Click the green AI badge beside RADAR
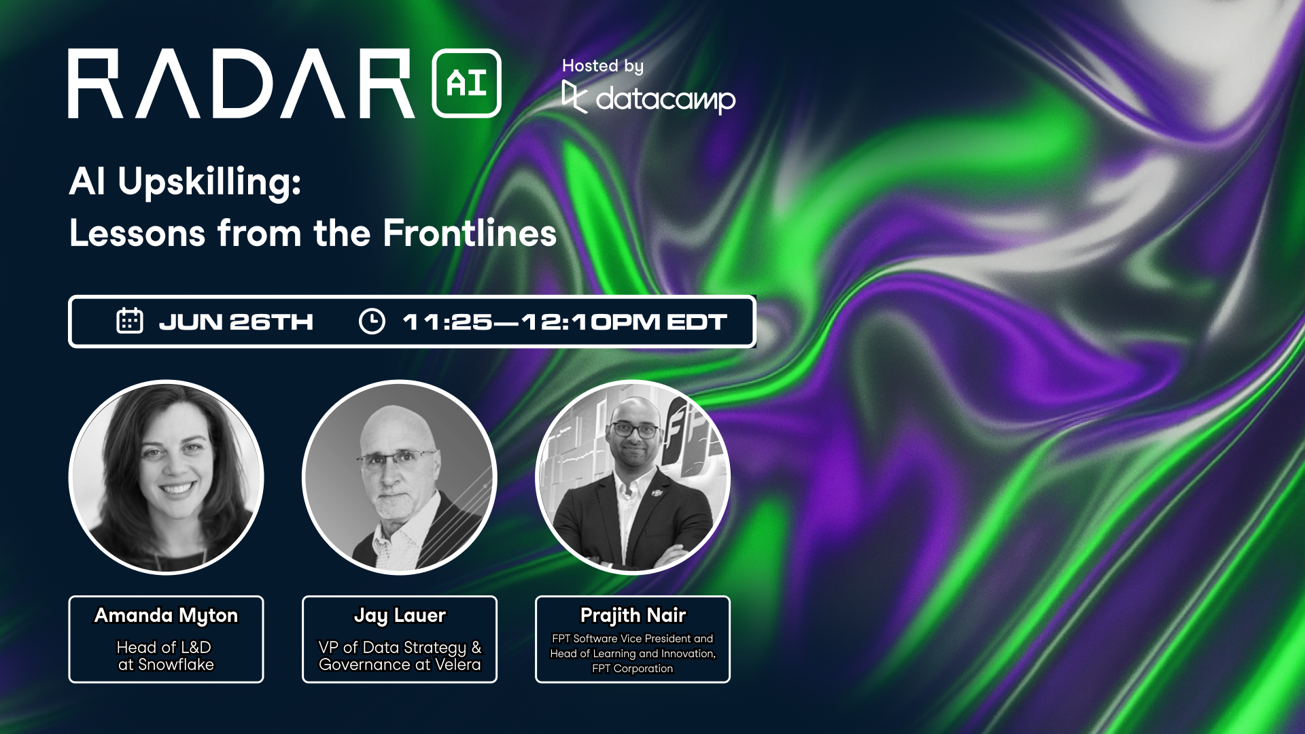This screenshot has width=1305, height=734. coord(466,83)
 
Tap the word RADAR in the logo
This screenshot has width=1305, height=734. coord(241,84)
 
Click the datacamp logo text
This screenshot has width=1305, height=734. coord(665,100)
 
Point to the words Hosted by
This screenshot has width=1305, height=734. coord(603,66)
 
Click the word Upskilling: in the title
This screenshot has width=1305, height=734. coord(209,182)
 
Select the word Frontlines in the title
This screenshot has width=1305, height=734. coord(470,232)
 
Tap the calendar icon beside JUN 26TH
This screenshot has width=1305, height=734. coord(129,321)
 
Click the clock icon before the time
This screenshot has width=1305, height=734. coord(372,321)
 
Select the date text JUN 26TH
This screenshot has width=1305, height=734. coord(236,321)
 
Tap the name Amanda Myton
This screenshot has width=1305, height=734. coord(167,616)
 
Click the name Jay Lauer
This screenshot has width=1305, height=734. coord(400,616)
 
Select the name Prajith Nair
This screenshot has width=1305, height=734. coord(633,616)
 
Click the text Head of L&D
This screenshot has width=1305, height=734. coord(164,647)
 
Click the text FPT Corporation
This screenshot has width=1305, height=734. coord(633,669)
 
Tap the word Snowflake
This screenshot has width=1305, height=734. coord(176,665)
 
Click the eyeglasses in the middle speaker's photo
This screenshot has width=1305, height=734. coord(397,459)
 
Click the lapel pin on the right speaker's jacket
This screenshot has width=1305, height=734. coord(657,493)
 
